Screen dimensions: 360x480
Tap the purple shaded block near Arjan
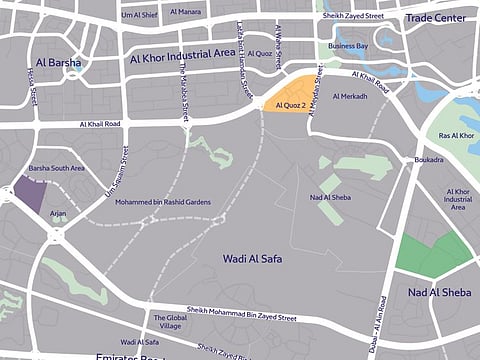[x=30, y=193]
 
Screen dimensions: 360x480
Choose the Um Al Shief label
[x=140, y=14]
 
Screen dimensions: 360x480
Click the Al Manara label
[x=186, y=12]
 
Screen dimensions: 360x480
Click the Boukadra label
[x=428, y=158]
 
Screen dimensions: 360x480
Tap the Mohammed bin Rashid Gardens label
[x=163, y=202]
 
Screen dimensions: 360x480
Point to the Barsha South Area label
[x=56, y=169]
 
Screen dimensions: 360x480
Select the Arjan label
[x=58, y=214]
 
